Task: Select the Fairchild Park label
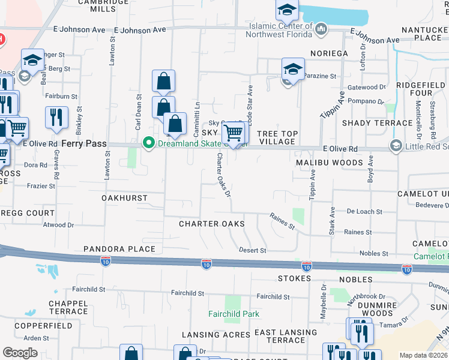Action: pos(234,314)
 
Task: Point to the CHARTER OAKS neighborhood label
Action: pos(212,224)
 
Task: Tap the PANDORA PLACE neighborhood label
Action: pos(119,248)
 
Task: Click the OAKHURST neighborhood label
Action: pos(124,197)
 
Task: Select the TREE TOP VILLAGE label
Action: pos(276,137)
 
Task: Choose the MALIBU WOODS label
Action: pos(330,163)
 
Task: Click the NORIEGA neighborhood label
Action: pos(330,53)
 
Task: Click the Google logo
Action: pos(20,353)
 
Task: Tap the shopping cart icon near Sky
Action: pos(232,133)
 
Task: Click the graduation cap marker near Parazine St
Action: pos(293,68)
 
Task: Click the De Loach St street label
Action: pos(364,212)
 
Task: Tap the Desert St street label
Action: pos(252,250)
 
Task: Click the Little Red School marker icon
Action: pos(396,146)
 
